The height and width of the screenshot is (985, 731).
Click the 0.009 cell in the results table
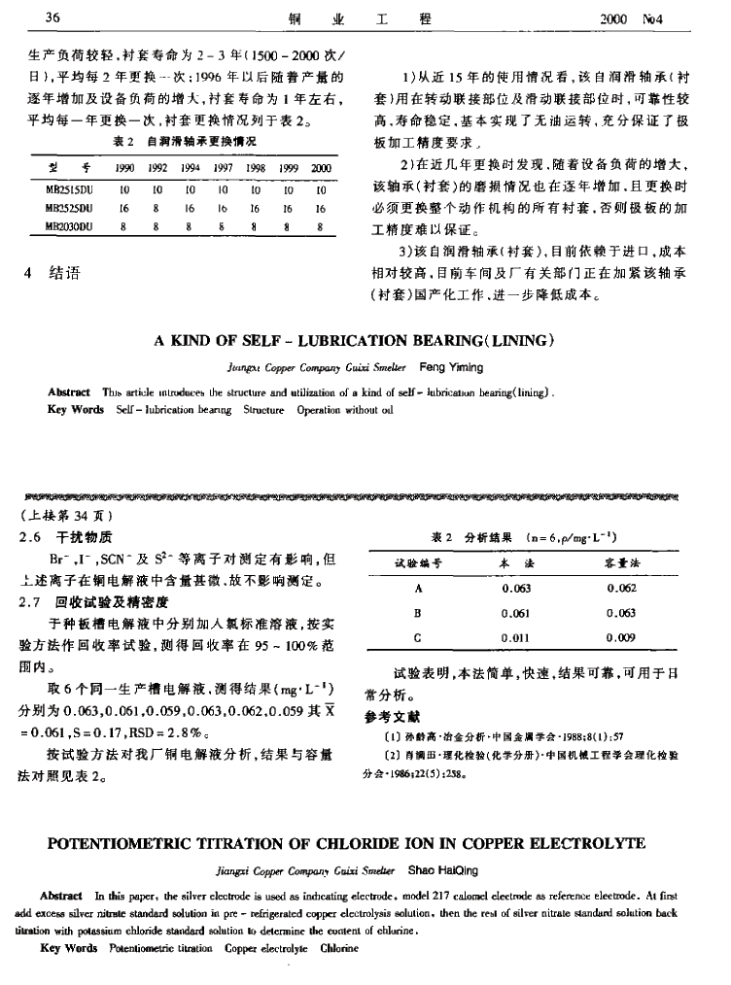tap(620, 638)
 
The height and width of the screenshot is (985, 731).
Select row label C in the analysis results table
tap(418, 638)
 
